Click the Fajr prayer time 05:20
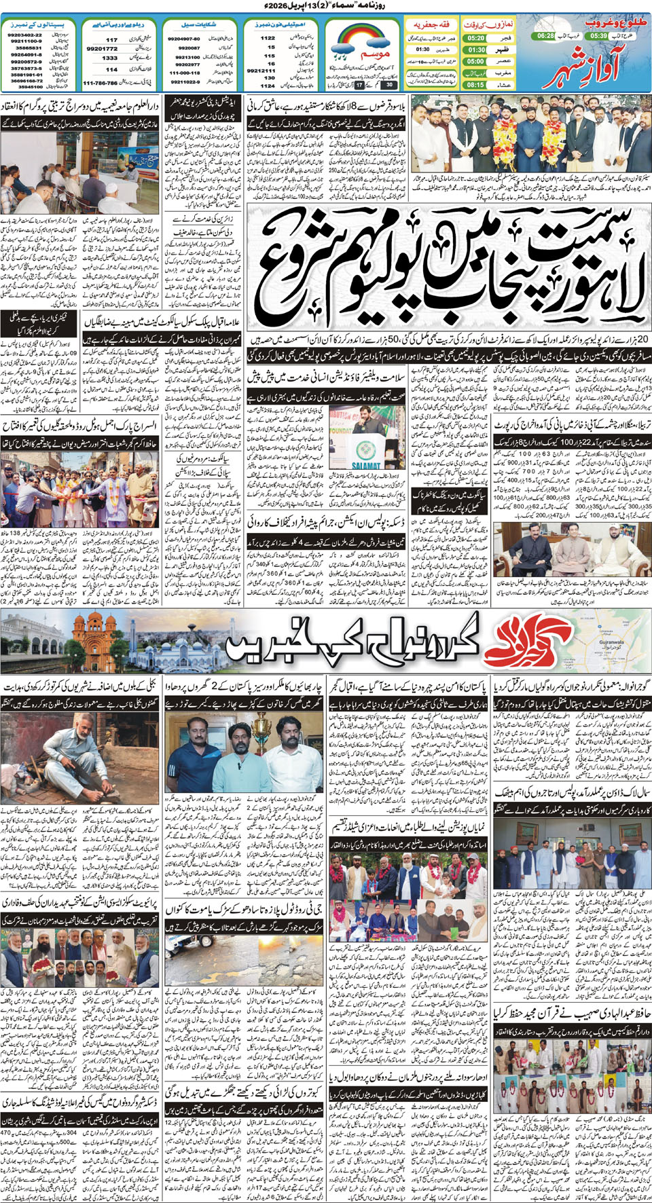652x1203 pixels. coord(476,39)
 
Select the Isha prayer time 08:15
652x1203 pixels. coord(476,85)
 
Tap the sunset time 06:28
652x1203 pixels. coord(545,35)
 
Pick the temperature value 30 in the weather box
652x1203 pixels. coord(388,85)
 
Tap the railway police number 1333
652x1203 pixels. coord(110,58)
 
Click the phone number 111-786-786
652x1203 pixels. coord(101,83)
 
